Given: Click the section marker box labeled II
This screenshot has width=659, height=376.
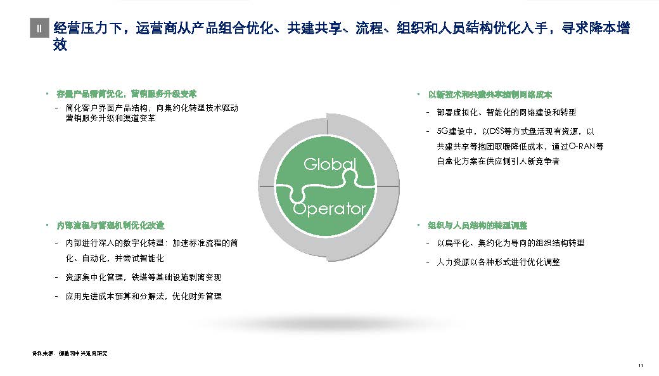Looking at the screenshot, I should click(x=39, y=29).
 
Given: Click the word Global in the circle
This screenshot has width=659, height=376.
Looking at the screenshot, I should click(x=330, y=164).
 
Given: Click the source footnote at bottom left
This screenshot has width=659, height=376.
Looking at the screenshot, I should click(x=69, y=352).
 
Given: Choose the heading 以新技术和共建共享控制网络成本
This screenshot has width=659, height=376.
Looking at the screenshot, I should click(x=490, y=94).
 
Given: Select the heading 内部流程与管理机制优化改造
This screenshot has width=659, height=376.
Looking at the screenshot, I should click(x=111, y=225).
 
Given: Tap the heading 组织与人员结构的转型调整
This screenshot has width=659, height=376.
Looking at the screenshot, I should click(x=478, y=225).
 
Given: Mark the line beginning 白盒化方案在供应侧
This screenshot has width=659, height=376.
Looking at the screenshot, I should click(x=498, y=162).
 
